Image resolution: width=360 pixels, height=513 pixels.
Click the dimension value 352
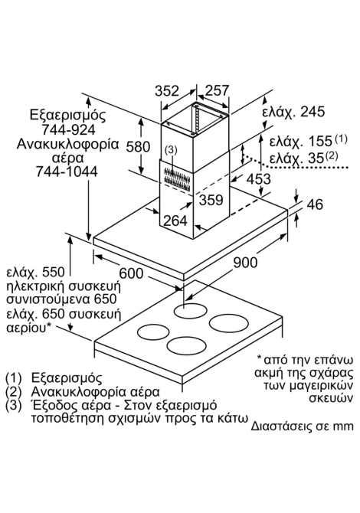167,90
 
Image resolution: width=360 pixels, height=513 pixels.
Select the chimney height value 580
139,147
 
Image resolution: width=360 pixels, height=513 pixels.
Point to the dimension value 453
259,179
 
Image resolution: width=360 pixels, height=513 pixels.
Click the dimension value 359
211,200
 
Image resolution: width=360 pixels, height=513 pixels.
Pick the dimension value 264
175,221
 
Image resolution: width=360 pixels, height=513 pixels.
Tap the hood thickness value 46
315,204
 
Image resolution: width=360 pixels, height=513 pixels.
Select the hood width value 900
245,262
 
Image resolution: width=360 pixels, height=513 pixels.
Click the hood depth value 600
131,273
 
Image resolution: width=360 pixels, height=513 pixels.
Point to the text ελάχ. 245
293,112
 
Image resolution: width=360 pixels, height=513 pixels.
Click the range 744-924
68,130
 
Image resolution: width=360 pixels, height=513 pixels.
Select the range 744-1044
67,172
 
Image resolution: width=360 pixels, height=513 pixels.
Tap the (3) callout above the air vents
171,150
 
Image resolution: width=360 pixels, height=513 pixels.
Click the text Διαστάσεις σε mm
303,426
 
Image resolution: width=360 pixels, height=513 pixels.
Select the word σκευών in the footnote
332,398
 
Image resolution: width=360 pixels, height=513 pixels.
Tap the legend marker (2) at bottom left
14,391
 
